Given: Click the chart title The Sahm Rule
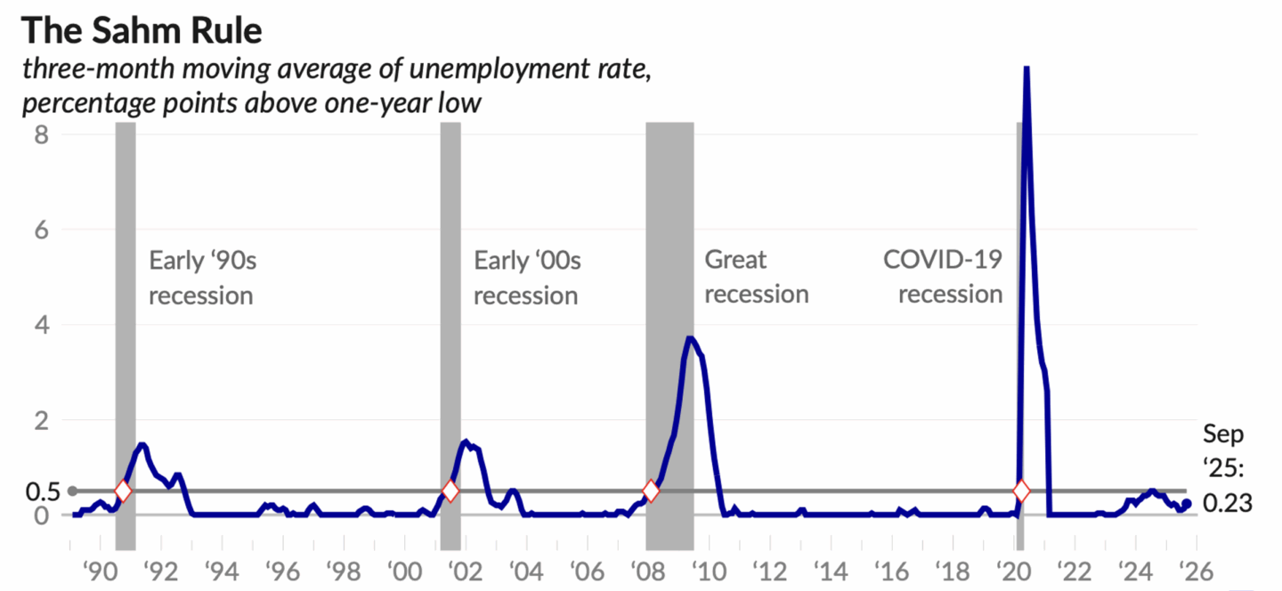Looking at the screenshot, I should [142, 30].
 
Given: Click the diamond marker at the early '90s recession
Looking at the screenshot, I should [123, 490].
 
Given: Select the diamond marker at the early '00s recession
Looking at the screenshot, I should [450, 490].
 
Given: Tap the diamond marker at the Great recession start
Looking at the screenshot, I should [651, 490].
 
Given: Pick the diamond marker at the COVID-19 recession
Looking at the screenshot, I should [1021, 490].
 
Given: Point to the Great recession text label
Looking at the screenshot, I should [756, 277].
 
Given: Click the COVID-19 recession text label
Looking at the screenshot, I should [943, 277].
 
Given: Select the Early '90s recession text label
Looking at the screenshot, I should [201, 277].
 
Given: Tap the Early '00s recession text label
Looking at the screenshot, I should [526, 277].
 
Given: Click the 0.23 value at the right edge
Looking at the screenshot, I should [1228, 503].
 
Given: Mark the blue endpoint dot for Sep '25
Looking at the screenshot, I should [1186, 504].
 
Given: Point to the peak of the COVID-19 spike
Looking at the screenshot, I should [1026, 69].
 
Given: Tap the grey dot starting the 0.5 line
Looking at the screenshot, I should [73, 490].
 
